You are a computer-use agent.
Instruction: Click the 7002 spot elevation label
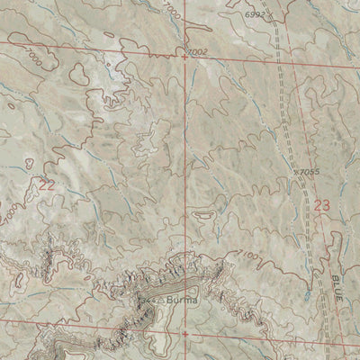click(x=200, y=53)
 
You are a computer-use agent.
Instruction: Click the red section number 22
click(x=46, y=185)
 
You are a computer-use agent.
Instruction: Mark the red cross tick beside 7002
click(x=185, y=56)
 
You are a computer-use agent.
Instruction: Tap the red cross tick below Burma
click(x=185, y=333)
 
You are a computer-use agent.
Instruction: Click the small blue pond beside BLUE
click(x=308, y=294)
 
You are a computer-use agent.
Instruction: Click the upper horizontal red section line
click(x=90, y=47)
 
